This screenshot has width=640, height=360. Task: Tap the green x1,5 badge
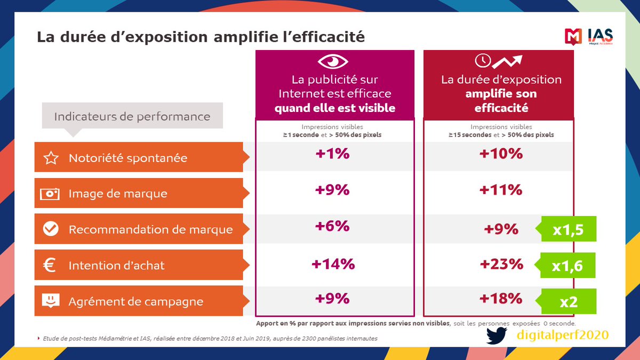point(569,229)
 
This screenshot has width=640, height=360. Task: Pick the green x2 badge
point(569,301)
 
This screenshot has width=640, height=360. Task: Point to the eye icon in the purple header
point(333,62)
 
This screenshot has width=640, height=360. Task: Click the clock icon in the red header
point(482,60)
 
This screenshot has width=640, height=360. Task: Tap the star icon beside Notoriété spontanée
point(50,158)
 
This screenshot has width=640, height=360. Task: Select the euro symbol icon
point(50,265)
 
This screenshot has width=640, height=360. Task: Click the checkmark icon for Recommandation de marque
point(50,229)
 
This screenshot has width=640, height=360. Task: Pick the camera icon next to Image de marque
point(50,194)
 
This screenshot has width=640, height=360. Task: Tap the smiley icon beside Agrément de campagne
point(50,300)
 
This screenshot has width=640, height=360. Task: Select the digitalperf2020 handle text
point(562,335)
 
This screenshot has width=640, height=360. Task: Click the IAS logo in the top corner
point(589,36)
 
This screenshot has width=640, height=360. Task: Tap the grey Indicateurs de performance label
point(132,116)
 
